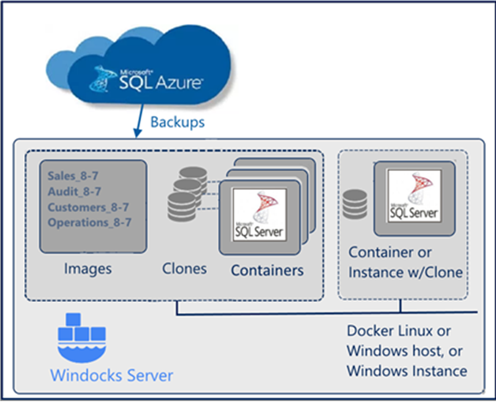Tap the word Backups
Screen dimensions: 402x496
tap(178, 121)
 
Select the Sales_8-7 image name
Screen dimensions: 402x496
tap(74, 176)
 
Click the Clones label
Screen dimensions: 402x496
tap(185, 269)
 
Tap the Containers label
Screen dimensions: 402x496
tap(267, 270)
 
